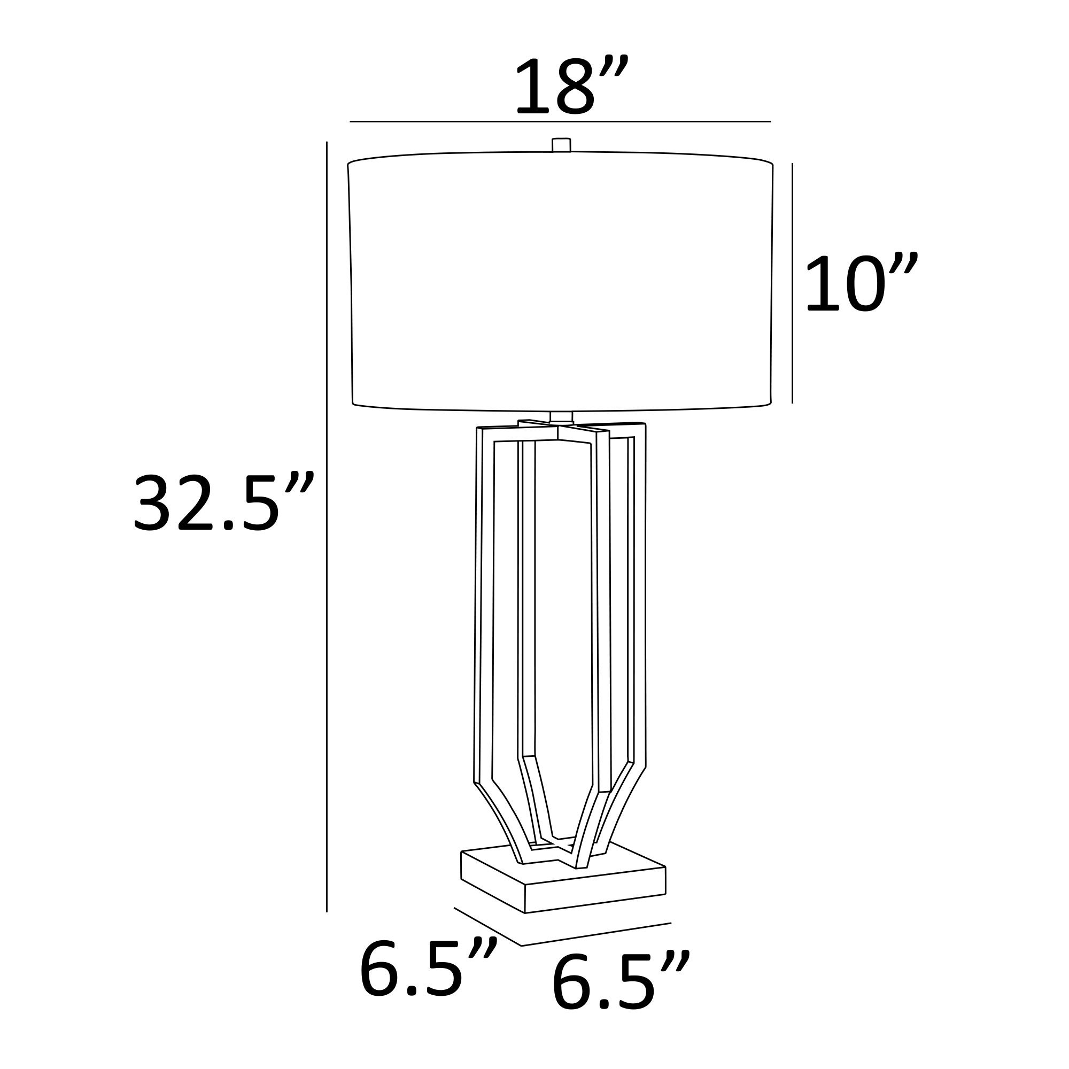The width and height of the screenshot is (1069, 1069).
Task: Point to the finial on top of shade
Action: [x=561, y=145]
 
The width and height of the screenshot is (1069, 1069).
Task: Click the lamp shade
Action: [x=560, y=282]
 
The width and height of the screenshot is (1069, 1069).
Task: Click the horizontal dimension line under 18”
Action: [x=560, y=121]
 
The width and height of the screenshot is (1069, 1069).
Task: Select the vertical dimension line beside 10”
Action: [x=792, y=283]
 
